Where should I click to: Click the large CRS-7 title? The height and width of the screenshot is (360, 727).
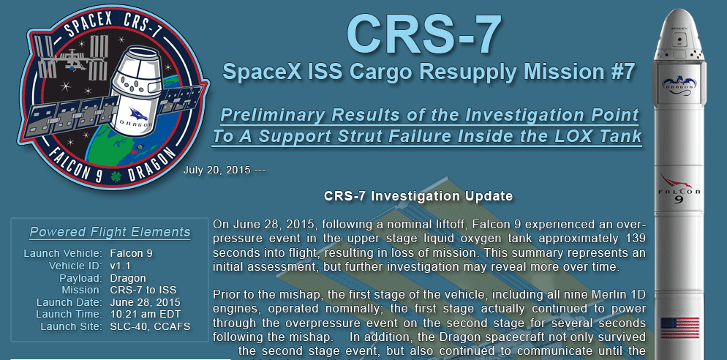424,35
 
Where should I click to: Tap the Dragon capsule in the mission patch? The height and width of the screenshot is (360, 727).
136,91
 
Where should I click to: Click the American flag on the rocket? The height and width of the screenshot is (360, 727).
679,328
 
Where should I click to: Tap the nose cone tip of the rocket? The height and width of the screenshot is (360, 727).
679,10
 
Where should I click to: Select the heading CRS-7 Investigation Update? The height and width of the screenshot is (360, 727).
418,196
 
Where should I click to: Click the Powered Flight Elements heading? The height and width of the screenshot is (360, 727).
110,232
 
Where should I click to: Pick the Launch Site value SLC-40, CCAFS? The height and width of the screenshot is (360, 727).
150,326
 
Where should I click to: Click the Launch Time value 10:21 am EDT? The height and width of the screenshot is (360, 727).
146,314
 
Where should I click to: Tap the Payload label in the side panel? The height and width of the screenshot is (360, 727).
80,278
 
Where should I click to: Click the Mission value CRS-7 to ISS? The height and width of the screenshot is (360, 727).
143,290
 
